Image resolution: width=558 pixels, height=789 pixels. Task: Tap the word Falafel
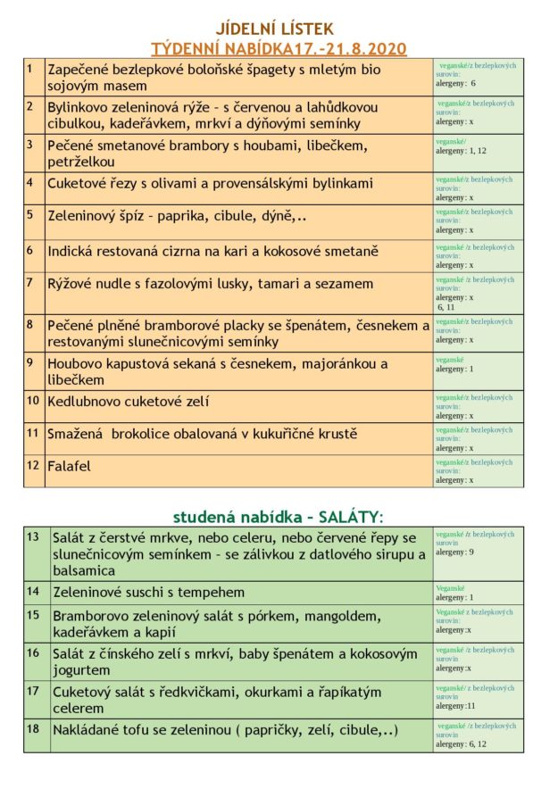point(70,466)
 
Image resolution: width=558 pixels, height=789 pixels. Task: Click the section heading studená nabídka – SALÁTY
point(278,516)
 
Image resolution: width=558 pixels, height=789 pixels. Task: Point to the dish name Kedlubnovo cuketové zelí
point(129,402)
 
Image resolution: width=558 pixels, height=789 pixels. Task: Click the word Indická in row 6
point(73,252)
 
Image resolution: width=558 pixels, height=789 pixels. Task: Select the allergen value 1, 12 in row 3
point(478,152)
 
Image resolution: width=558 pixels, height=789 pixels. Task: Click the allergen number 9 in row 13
point(471,552)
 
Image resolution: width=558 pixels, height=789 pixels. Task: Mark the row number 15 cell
point(33,615)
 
